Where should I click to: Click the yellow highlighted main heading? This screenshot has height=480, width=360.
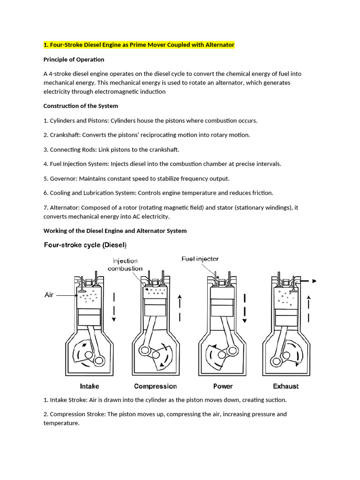click(139, 45)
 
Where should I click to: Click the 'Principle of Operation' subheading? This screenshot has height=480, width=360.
click(74, 60)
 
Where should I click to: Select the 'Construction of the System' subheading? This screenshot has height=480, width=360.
click(81, 106)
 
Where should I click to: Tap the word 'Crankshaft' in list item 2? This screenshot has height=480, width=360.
click(64, 135)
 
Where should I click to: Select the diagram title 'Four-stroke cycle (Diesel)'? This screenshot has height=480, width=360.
click(85, 245)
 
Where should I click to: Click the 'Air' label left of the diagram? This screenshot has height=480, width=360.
click(49, 295)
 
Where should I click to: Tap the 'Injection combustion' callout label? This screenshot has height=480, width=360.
click(125, 265)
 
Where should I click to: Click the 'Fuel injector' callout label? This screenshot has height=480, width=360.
click(200, 259)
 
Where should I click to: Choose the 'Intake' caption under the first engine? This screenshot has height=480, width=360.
click(90, 386)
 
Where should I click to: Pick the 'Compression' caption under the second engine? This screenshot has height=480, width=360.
click(155, 386)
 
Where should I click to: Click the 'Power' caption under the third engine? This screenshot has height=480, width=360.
click(223, 386)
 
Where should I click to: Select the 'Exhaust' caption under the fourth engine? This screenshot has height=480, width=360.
click(286, 386)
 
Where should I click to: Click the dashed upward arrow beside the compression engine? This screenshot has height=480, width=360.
click(180, 309)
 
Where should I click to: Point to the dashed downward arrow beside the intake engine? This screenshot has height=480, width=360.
click(114, 307)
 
